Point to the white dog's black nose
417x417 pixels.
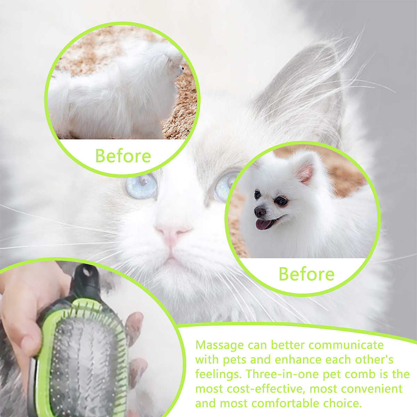coord(260,212)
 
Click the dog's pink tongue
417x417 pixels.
coord(263,224)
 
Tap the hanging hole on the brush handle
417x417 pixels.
coord(87,272)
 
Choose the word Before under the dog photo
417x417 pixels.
coord(306,274)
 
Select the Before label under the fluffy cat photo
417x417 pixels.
coord(123,156)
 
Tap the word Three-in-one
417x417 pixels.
coord(283,374)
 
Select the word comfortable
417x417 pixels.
coord(285,403)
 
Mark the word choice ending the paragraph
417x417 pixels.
coord(342,403)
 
